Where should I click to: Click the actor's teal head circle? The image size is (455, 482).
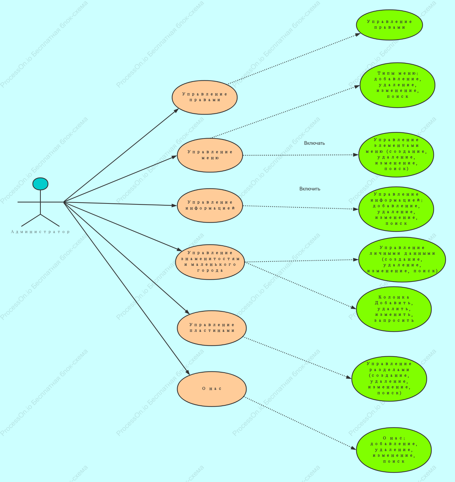tap(41, 184)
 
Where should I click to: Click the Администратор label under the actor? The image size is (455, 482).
tap(40, 232)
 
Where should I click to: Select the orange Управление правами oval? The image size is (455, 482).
tap(205, 97)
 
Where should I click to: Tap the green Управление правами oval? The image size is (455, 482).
tap(389, 25)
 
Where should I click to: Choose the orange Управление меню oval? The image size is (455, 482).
tap(210, 155)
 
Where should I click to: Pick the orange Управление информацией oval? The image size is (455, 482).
tap(210, 205)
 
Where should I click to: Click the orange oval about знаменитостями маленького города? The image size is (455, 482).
tap(210, 262)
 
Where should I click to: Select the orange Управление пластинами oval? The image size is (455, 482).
tap(212, 328)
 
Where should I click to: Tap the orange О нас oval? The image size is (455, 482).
tap(212, 389)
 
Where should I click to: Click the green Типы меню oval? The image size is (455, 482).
tap(397, 85)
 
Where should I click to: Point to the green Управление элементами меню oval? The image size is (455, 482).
tap(396, 155)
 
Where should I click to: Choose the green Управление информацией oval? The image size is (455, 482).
tap(396, 209)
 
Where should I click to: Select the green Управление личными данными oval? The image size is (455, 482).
tap(402, 259)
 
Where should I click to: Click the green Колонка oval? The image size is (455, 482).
tap(394, 309)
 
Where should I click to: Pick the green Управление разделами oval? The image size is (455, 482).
tap(389, 379)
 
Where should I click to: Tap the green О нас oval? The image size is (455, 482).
tap(394, 450)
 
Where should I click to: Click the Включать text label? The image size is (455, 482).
tap(314, 143)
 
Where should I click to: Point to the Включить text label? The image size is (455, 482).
tap(310, 189)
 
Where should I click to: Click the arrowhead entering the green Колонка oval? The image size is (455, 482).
tap(354, 308)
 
